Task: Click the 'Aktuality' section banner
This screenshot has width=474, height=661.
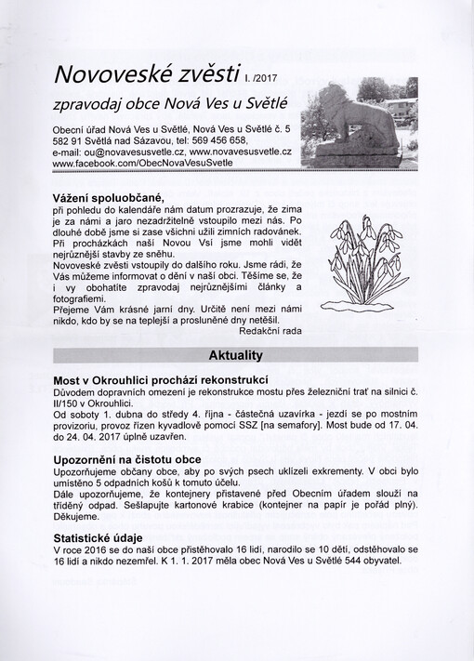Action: coord(237,354)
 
